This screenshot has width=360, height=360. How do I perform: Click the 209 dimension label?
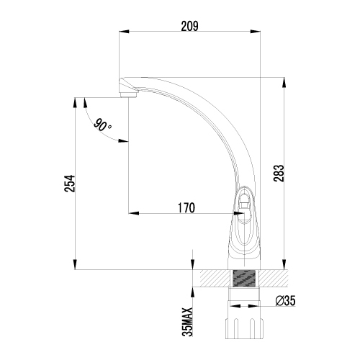(x=189, y=27)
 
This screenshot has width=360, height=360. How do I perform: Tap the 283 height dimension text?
(x=279, y=173)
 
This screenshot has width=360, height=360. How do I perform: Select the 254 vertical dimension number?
(x=70, y=184)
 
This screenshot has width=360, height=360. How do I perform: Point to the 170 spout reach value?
(x=186, y=208)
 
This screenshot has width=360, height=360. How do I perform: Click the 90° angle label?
(x=102, y=125)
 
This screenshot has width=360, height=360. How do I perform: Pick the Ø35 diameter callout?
(x=285, y=301)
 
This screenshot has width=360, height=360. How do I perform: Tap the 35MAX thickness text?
(x=187, y=322)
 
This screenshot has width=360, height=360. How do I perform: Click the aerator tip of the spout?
(x=128, y=95)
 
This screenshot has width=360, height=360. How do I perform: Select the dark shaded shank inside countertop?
(x=243, y=278)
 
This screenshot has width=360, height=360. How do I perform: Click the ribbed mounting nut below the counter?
(x=244, y=328)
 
